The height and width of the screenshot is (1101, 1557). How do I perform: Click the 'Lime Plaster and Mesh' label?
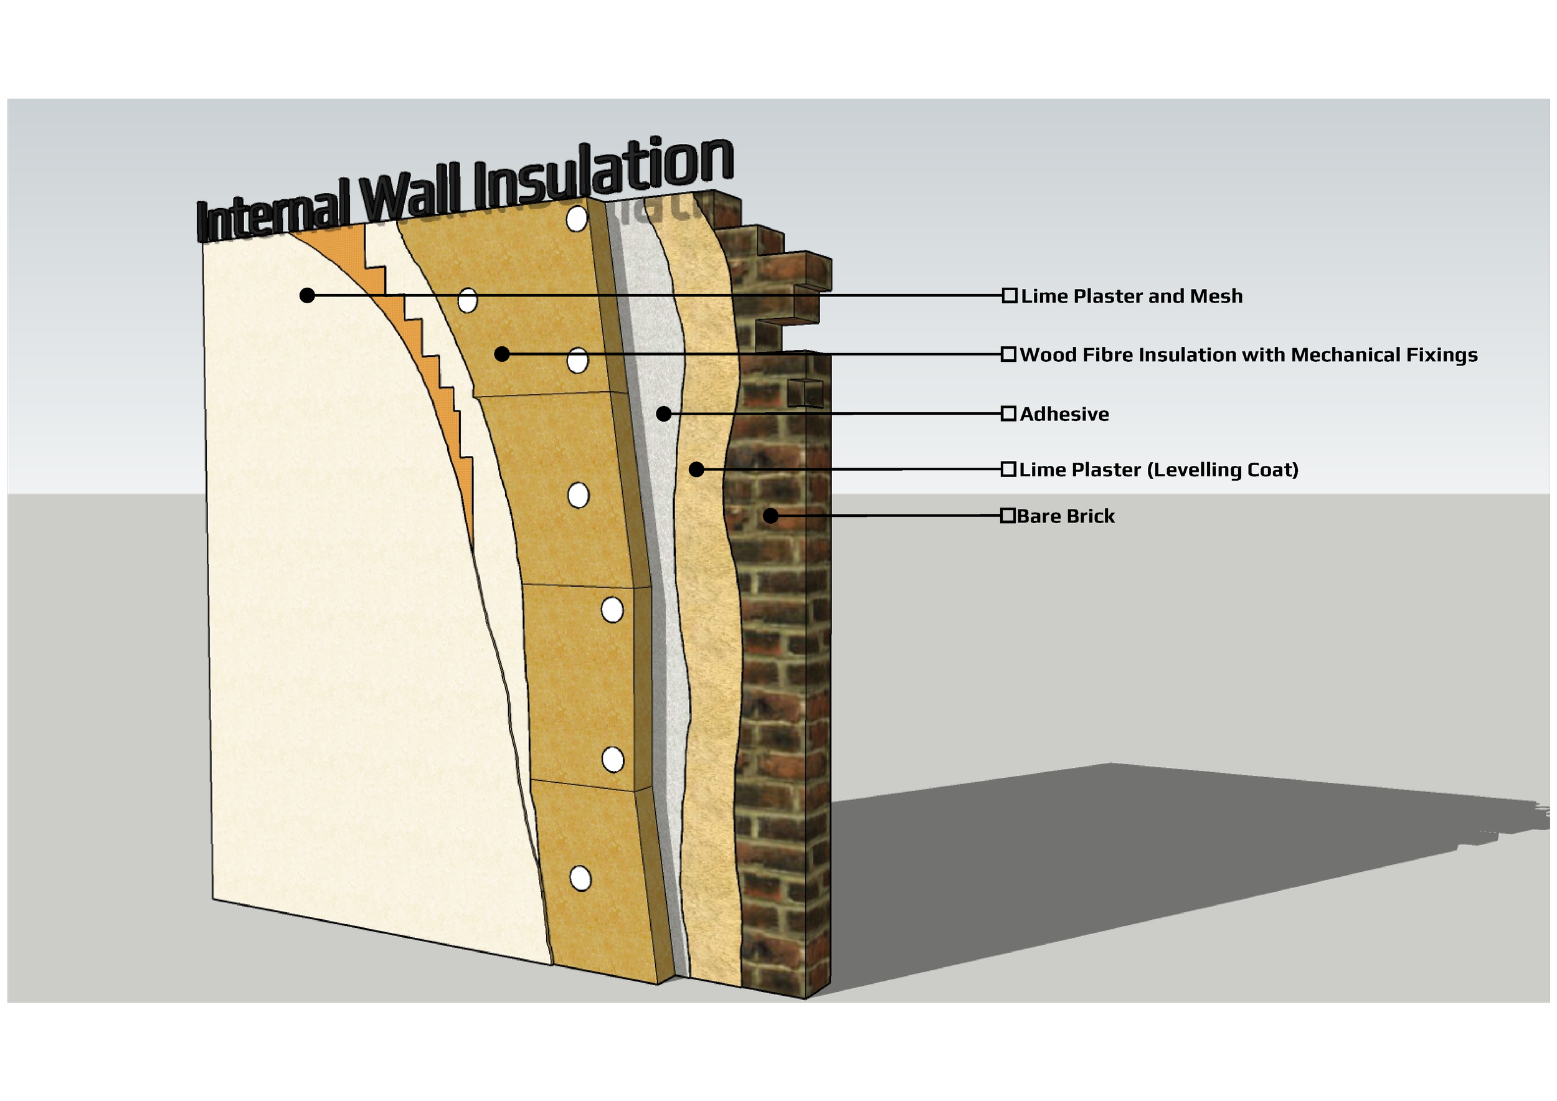coord(1131,296)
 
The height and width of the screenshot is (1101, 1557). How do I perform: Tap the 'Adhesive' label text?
coord(1064,414)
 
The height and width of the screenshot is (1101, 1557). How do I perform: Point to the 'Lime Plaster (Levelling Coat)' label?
coord(1158,470)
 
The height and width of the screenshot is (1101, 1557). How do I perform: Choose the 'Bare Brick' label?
coord(1066,517)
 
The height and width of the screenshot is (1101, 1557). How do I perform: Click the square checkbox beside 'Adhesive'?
coord(1008,413)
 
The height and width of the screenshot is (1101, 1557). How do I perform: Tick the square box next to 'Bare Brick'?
coord(1008,516)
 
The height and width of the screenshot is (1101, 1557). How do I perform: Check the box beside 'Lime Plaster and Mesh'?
coord(1010,296)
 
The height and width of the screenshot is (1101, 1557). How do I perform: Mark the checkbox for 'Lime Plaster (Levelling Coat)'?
coord(1008,469)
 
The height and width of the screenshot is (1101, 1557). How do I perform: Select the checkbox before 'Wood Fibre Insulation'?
coord(1008,354)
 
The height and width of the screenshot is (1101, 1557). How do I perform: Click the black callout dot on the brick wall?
coord(770,516)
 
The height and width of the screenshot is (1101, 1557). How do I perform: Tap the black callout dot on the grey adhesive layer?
coord(664,413)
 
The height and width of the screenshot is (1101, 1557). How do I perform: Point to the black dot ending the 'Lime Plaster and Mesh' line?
coord(307,295)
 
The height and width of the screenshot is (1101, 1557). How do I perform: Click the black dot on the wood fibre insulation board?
coord(502,354)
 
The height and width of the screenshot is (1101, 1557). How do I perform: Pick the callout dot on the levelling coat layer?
coord(696,469)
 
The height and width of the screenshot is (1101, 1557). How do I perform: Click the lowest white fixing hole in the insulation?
coord(580,879)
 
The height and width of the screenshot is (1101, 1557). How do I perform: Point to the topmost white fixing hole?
coord(577,219)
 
